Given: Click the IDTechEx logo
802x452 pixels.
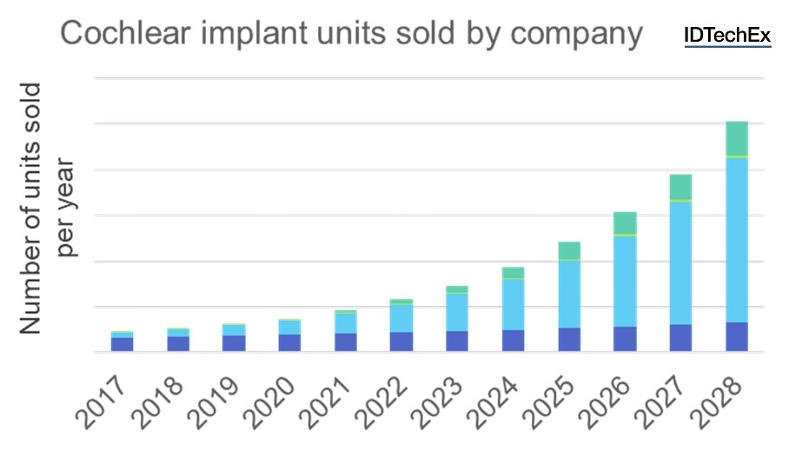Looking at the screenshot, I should coord(727,36).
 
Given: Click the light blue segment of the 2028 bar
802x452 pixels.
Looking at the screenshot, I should coord(737,240).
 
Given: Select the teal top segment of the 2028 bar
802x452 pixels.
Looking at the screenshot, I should coord(737,138).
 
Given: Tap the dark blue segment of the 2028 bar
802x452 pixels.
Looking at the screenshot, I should coord(737,336).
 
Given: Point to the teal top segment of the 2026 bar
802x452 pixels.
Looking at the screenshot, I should coord(625,223).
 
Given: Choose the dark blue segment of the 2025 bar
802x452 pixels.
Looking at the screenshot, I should coord(569,339).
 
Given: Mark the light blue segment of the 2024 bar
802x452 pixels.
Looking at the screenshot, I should coord(514,304).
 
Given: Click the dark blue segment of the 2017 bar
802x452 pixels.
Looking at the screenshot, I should coord(123,344).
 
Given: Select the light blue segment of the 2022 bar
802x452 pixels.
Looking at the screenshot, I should coord(401,318).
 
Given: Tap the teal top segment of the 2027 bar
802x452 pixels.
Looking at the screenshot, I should coord(680,187).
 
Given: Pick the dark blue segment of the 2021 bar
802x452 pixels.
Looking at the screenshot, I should coord(346,342).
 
